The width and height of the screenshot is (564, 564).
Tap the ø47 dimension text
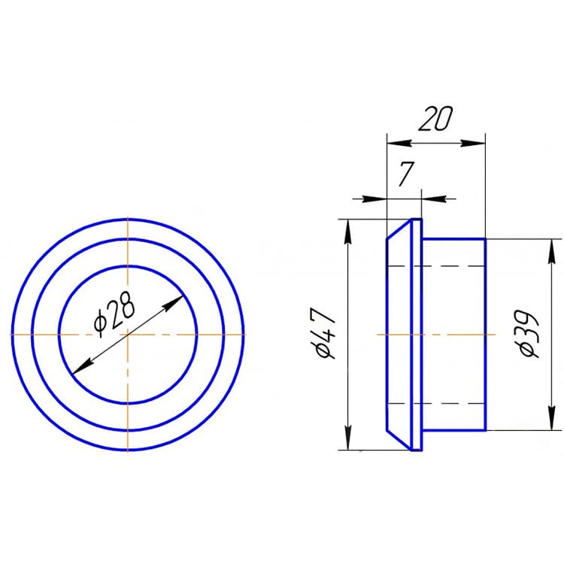tap(325, 332)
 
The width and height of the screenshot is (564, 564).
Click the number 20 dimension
tap(435, 118)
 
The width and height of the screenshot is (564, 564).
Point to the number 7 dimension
tap(406, 174)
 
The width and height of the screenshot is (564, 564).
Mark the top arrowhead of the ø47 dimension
tap(348, 232)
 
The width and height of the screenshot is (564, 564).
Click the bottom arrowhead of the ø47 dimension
tap(348, 438)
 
